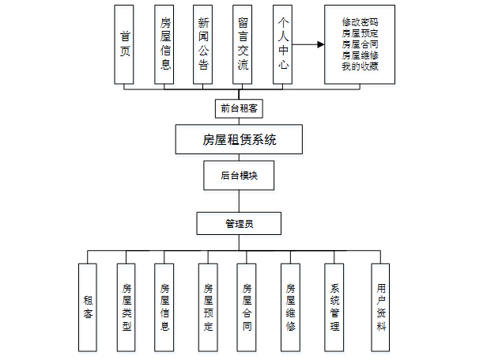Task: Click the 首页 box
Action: point(125,44)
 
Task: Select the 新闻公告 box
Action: point(204,44)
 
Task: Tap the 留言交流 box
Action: point(243,44)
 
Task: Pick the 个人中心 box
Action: point(283,44)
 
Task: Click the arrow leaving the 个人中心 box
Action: point(308,44)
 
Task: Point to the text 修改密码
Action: point(360,23)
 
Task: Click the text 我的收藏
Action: point(360,66)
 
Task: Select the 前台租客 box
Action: point(239,107)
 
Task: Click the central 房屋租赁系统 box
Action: point(239,141)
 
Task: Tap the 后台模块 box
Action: point(239,176)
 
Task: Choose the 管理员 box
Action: point(239,224)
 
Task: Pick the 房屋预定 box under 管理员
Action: point(208,307)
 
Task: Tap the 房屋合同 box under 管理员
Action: point(247,307)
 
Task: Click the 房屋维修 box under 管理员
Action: point(290,307)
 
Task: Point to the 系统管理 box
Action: point(334,307)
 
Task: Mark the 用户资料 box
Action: point(381,307)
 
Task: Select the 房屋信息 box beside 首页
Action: point(164,44)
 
